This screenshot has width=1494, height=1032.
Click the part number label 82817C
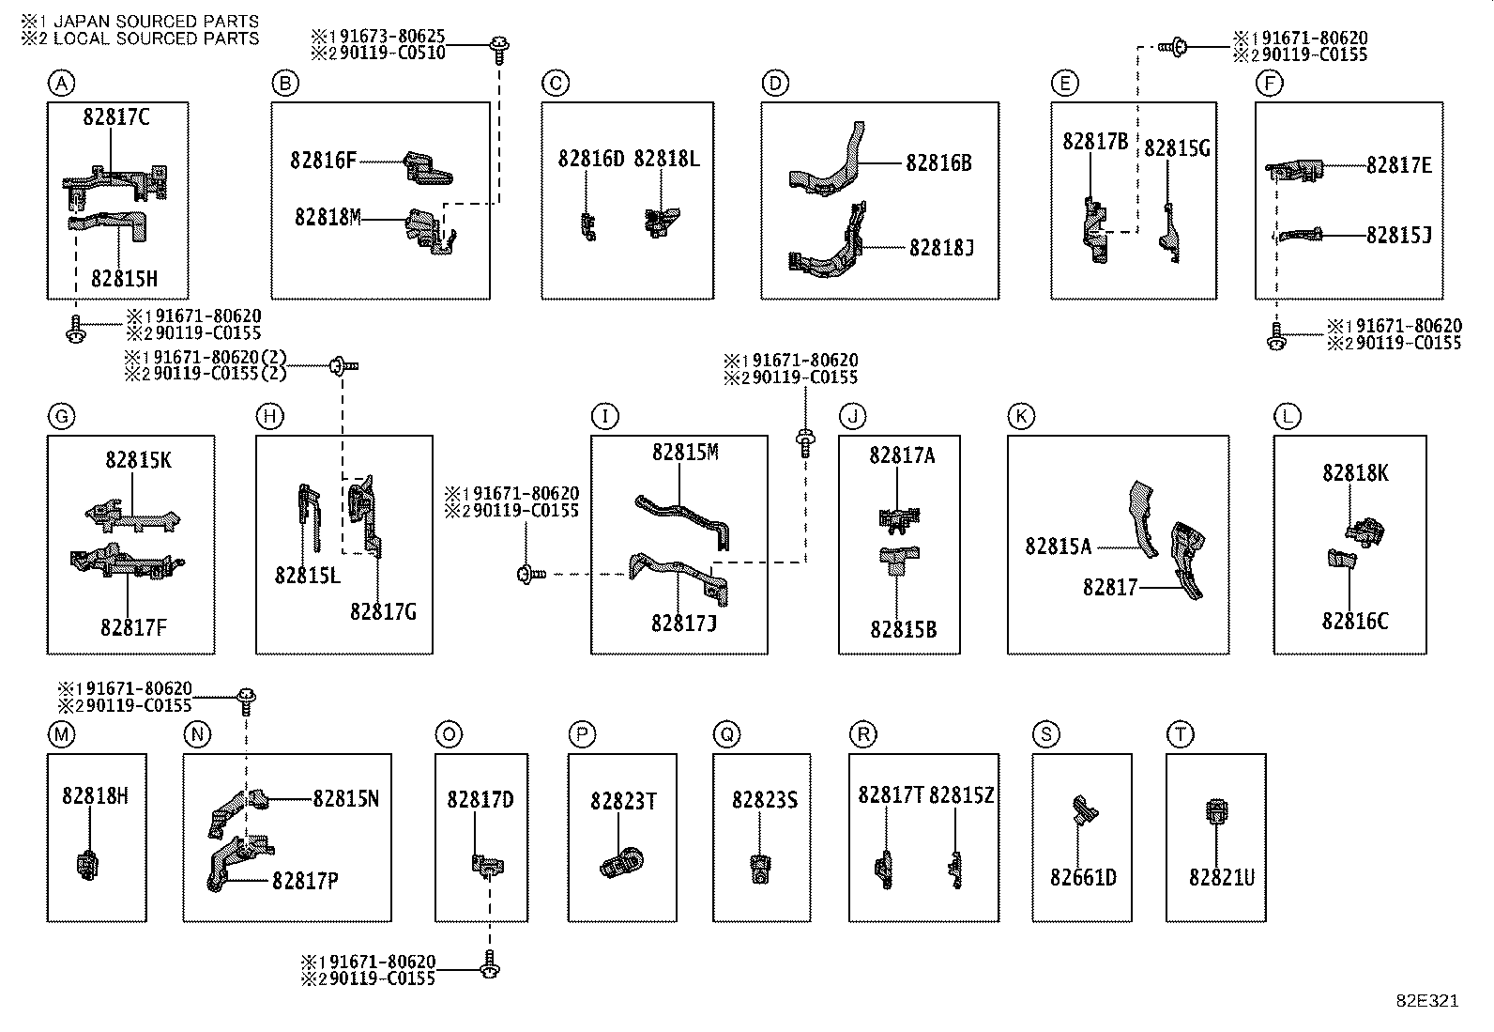[116, 117]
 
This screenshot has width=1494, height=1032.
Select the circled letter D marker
[774, 84]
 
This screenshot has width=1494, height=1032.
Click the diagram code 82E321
[1426, 1001]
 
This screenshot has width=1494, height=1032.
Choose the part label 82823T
[623, 801]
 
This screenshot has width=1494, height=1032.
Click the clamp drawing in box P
[621, 861]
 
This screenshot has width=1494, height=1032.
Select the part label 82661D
[1083, 877]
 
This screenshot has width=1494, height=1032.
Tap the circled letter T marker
[1180, 734]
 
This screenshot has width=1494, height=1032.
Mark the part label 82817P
[305, 881]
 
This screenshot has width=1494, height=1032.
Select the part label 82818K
[1355, 473]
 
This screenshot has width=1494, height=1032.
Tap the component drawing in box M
[86, 864]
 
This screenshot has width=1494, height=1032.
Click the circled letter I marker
[605, 416]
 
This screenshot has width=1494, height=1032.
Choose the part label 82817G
[383, 611]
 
